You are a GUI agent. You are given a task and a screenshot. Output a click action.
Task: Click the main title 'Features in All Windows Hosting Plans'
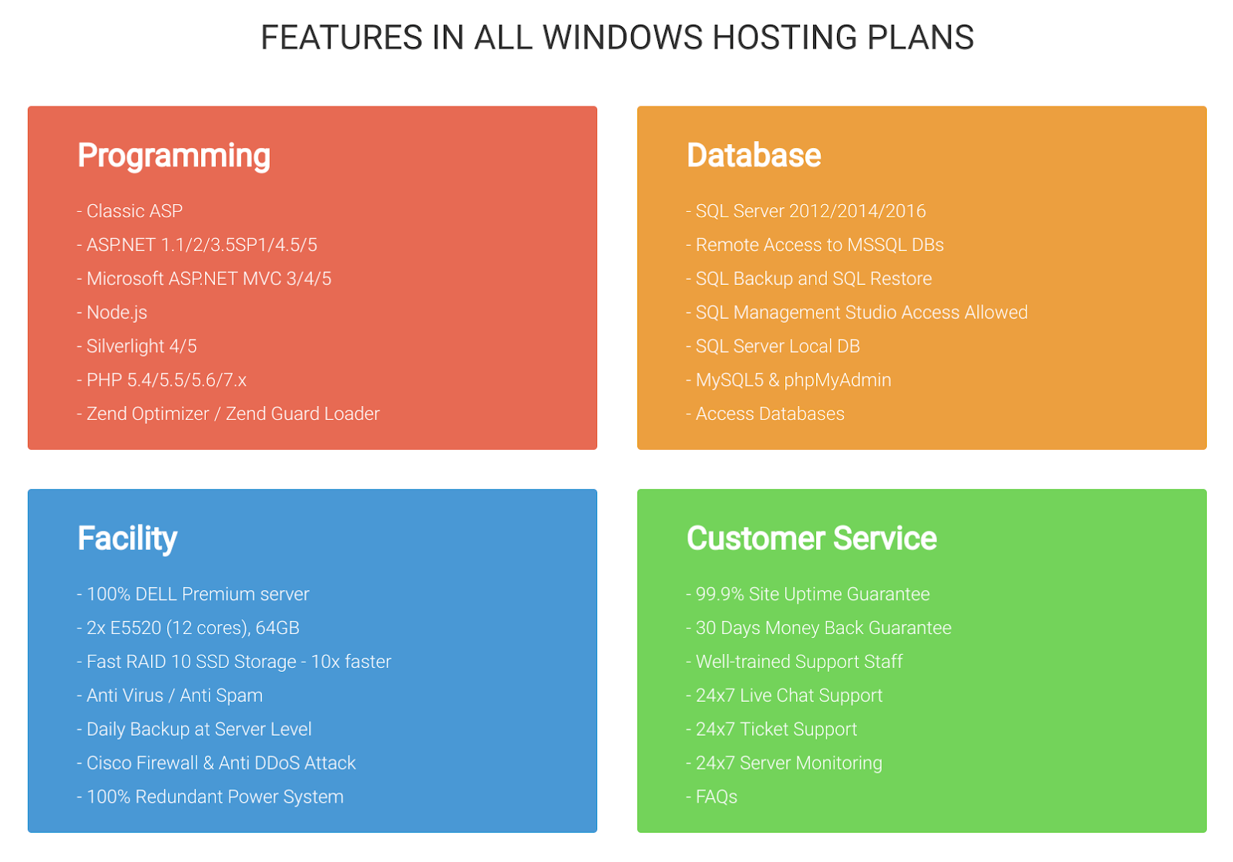pos(616,38)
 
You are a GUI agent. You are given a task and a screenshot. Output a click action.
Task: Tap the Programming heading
pos(174,156)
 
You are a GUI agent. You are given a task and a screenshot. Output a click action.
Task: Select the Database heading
pos(754,155)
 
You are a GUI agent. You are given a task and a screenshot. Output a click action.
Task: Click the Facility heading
pos(127,538)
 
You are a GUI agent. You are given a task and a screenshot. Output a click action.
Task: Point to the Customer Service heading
pos(811,538)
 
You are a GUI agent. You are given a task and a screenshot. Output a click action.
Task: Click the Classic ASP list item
pos(130,211)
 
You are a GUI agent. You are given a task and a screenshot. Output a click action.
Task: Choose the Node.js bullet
pos(113,313)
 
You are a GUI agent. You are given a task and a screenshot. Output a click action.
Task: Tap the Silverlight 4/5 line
pos(137,347)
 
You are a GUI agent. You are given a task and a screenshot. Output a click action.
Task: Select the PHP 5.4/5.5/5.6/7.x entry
pos(162,380)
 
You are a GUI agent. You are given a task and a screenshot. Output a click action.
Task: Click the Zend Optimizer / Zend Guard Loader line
pos(228,414)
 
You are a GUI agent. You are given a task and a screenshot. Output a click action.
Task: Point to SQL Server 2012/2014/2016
pos(806,211)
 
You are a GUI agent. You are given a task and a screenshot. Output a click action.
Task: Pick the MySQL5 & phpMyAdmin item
pos(789,380)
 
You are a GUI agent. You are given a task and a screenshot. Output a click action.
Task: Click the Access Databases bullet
pos(766,414)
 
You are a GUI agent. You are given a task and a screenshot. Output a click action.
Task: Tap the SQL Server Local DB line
pos(774,347)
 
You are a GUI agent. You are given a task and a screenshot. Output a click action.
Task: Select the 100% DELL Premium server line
pos(193,594)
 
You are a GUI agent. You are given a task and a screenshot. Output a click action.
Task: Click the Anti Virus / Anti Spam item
pos(170,696)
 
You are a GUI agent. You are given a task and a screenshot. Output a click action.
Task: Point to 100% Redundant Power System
pos(210,797)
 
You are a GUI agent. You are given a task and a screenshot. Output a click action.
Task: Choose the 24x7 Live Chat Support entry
pos(785,696)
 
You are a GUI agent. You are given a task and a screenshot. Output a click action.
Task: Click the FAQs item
pos(712,797)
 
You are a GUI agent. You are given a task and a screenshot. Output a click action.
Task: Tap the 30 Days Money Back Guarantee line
pos(819,629)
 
